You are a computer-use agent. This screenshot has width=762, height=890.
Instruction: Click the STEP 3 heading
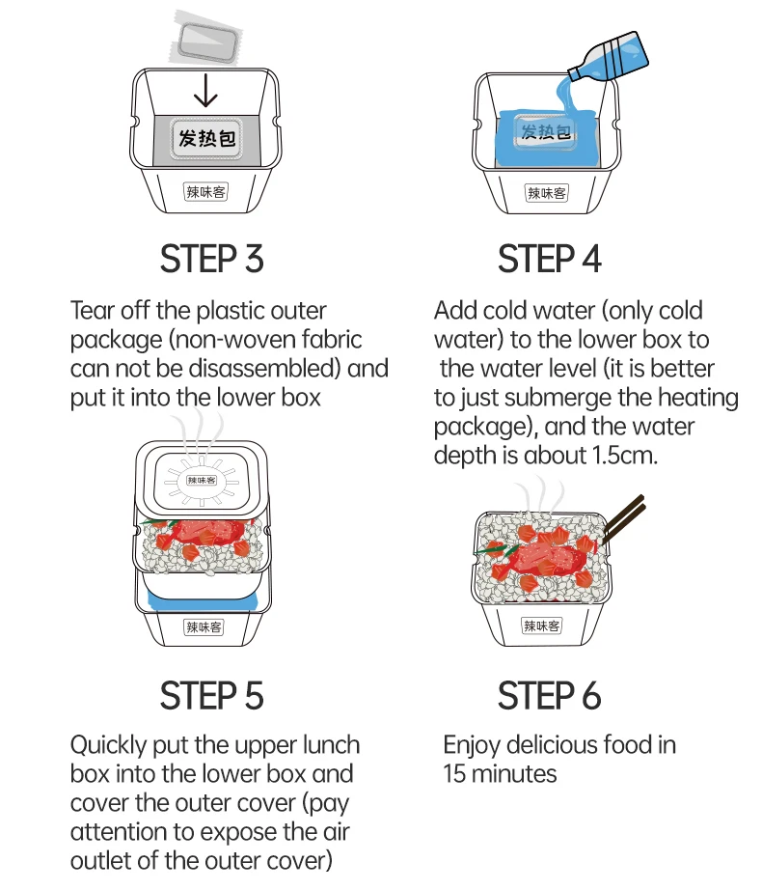212,259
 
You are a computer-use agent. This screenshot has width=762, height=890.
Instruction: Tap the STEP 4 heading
550,259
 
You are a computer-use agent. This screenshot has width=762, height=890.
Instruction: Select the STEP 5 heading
212,696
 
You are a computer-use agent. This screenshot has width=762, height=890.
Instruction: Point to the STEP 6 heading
550,696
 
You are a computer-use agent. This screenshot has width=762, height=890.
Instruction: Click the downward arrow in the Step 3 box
205,90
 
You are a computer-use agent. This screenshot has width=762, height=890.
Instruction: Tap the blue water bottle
610,57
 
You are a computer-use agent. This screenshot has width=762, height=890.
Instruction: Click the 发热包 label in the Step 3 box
206,138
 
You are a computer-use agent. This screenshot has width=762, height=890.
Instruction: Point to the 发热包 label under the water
546,131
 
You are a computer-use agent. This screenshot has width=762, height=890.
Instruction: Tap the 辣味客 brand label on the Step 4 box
546,193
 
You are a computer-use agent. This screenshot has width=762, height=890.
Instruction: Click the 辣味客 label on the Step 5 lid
202,481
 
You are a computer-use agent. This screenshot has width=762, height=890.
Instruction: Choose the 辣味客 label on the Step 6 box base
541,626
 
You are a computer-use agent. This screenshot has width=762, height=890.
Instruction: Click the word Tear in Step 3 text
91,311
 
